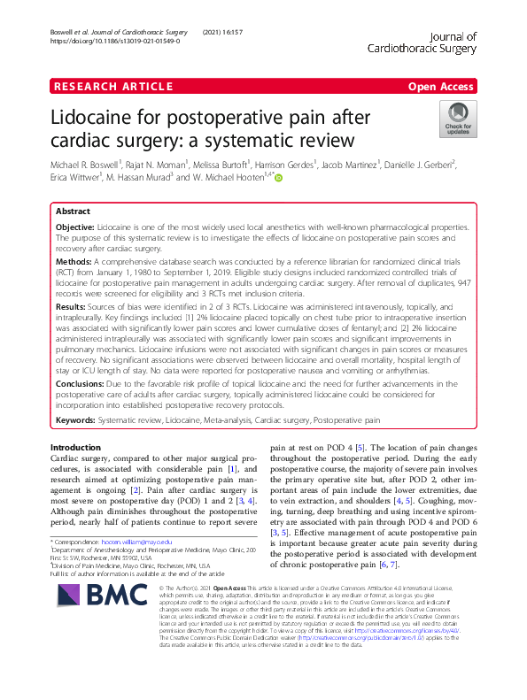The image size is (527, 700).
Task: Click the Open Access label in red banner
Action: tap(441, 86)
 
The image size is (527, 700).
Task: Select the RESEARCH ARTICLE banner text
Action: tap(112, 86)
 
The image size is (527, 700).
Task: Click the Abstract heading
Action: tap(73, 213)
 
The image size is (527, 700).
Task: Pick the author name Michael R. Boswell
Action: tap(85, 164)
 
